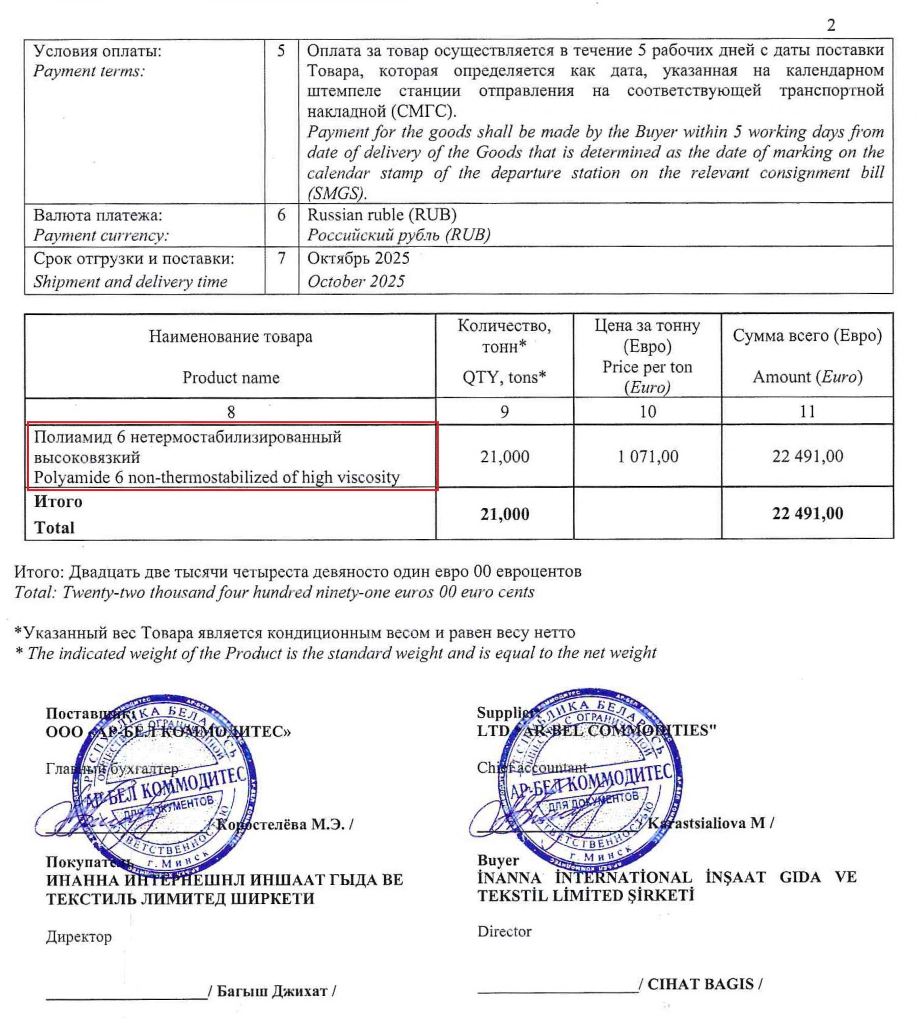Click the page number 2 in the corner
(x=831, y=25)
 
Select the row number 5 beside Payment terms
(x=281, y=51)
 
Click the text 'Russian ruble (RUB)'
(x=382, y=215)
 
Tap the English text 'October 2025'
(x=356, y=281)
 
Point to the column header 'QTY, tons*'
(x=504, y=377)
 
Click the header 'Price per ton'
(x=647, y=367)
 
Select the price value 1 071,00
(x=648, y=456)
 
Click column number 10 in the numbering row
(x=648, y=411)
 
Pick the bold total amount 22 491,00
(x=807, y=513)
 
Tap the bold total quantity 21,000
(x=504, y=514)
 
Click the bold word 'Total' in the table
(x=55, y=527)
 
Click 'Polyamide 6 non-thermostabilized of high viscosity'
(x=217, y=477)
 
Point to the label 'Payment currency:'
(x=101, y=235)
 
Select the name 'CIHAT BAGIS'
(x=700, y=984)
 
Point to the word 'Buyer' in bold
(x=498, y=860)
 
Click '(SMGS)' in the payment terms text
(x=336, y=193)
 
